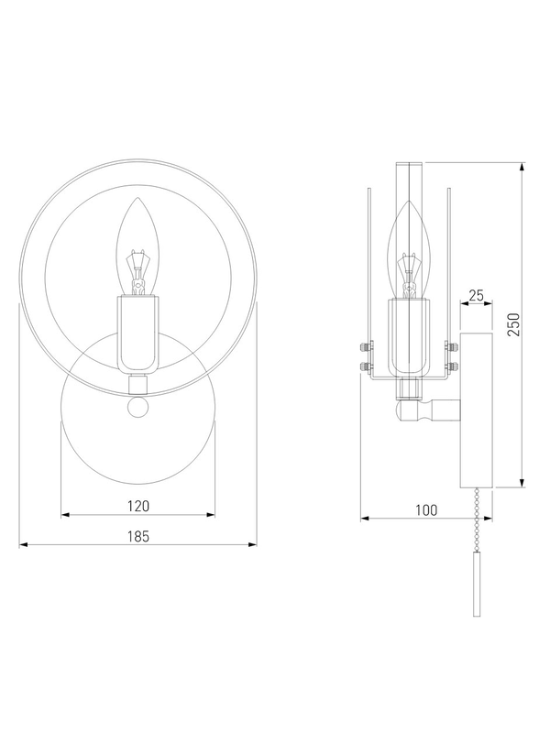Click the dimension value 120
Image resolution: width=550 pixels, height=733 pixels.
138,506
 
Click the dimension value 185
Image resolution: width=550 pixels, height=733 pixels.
138,536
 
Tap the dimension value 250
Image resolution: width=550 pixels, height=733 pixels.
513,324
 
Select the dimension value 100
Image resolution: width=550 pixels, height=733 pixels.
426,510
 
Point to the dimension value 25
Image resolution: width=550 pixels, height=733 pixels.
476,295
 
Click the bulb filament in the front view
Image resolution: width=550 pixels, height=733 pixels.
137,272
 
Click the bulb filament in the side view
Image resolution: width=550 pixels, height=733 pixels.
409,276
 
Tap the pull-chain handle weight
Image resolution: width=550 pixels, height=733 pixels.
477,585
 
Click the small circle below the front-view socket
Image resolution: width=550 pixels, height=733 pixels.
137,408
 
